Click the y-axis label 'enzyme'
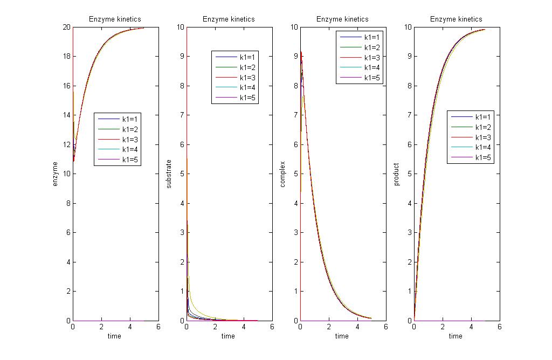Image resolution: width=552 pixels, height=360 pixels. pos(55,174)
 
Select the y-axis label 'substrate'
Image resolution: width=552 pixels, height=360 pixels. pos(169,174)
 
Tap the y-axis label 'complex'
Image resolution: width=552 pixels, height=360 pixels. pos(282,174)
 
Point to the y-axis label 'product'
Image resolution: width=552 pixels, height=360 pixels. pos(396,174)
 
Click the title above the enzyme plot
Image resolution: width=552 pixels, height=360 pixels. pos(115,19)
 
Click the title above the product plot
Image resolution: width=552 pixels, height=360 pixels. pos(456,19)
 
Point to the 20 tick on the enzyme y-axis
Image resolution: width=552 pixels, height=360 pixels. pos(67,27)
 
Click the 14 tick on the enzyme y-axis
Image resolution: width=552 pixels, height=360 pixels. pos(67,115)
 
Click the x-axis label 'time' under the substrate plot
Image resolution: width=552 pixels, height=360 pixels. pos(229,336)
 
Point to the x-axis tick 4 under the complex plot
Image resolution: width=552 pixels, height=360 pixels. pos(357,327)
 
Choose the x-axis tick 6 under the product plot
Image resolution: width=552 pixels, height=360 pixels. pos(499,327)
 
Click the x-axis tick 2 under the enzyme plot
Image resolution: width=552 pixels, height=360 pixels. pos(101,327)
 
